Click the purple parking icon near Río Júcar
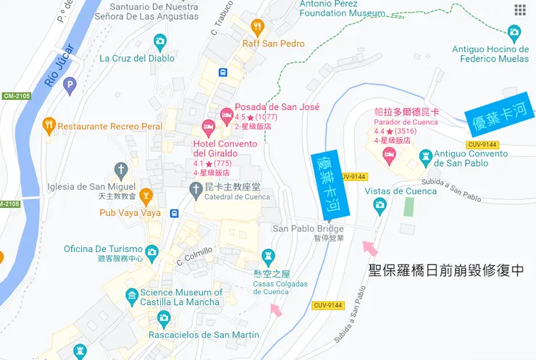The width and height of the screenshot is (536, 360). pos(70,86)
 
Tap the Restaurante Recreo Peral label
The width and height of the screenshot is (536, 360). pos(109,126)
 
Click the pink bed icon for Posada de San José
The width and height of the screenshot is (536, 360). pos(226,114)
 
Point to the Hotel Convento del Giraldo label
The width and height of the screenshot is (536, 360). pos(225,148)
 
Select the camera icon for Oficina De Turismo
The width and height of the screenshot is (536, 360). pos(151,252)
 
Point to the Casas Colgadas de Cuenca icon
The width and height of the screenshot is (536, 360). pos(269,256)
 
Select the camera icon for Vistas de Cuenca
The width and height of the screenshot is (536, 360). pos(380,206)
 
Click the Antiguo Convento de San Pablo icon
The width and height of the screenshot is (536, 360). pos(426,155)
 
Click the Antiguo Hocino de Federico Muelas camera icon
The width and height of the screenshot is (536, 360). pos(514,33)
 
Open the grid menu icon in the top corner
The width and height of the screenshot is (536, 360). pos(520,9)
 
